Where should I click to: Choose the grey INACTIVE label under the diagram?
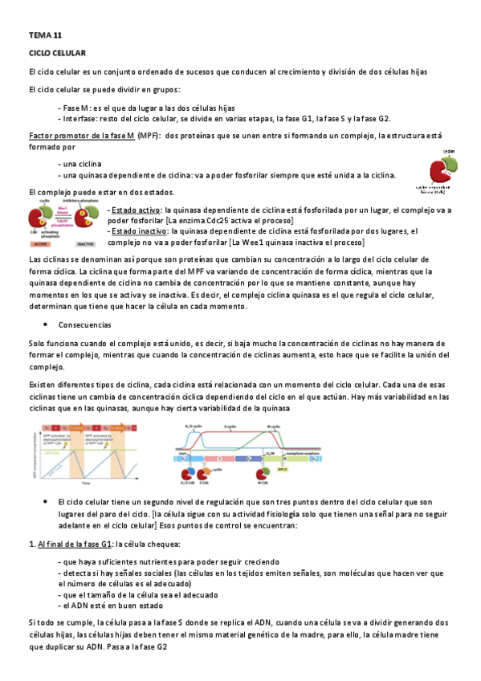pos(87,243)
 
